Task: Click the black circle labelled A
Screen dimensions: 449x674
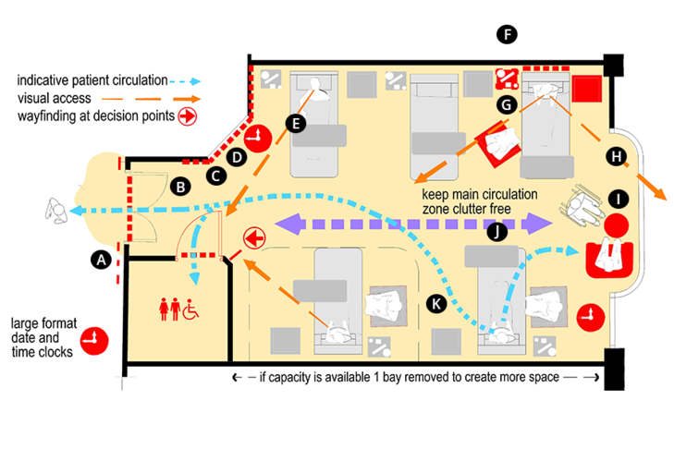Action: point(101,261)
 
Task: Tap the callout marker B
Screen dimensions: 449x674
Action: point(181,187)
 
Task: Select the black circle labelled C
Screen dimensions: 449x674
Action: point(214,174)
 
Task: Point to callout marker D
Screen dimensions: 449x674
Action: point(237,157)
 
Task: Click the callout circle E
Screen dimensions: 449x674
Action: point(295,123)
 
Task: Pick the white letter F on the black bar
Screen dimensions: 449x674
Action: point(507,34)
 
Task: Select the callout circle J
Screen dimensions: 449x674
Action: point(497,233)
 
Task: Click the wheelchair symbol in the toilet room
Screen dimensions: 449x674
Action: point(191,309)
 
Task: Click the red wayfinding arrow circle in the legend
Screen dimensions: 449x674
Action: point(185,116)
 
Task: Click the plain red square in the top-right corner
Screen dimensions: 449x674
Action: point(585,90)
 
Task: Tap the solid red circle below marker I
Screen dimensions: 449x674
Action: point(617,224)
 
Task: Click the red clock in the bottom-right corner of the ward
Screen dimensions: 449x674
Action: point(586,318)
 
